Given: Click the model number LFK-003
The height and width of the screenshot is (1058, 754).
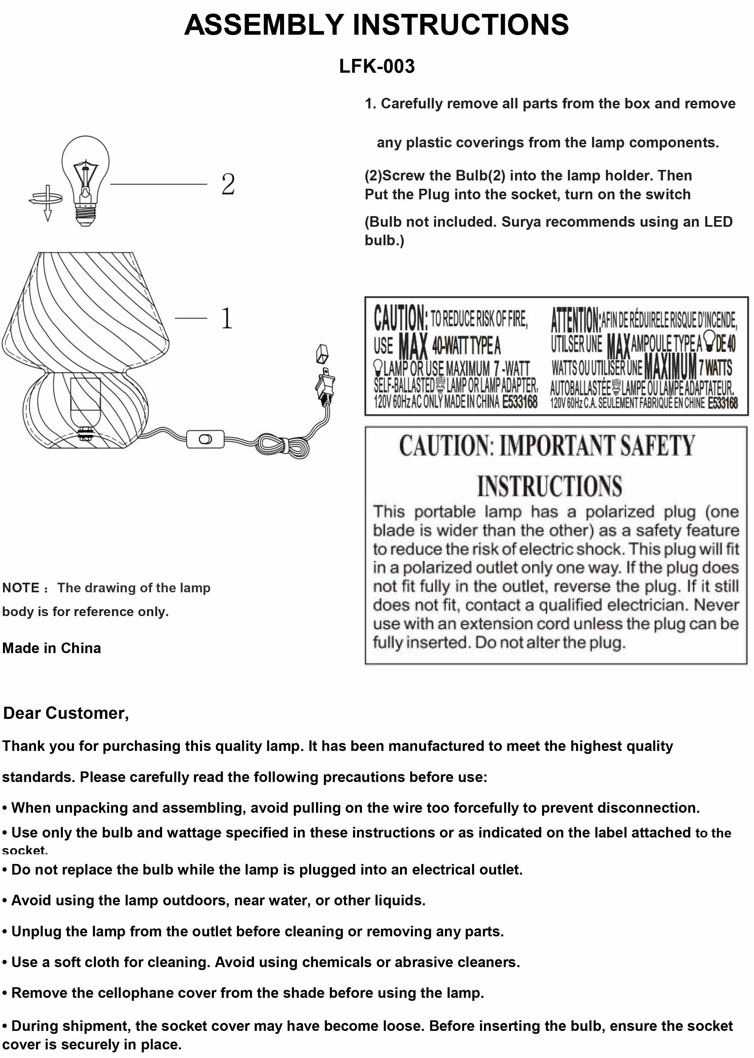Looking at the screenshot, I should pyautogui.click(x=377, y=66).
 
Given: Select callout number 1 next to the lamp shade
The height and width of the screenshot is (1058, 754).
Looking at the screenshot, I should pyautogui.click(x=226, y=319).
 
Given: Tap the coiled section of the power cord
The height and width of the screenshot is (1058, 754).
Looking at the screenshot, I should pyautogui.click(x=284, y=446).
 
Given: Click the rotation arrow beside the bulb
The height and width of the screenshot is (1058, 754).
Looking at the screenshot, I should pyautogui.click(x=46, y=200).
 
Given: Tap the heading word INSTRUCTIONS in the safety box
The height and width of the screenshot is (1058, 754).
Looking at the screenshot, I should pyautogui.click(x=549, y=486).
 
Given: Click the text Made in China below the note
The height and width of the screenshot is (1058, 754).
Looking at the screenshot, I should pyautogui.click(x=52, y=648).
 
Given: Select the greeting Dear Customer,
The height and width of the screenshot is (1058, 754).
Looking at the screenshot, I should pyautogui.click(x=66, y=713).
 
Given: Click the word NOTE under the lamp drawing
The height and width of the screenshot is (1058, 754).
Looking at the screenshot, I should pyautogui.click(x=21, y=588).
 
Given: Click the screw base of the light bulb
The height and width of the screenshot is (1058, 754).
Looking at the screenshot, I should pyautogui.click(x=85, y=215).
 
